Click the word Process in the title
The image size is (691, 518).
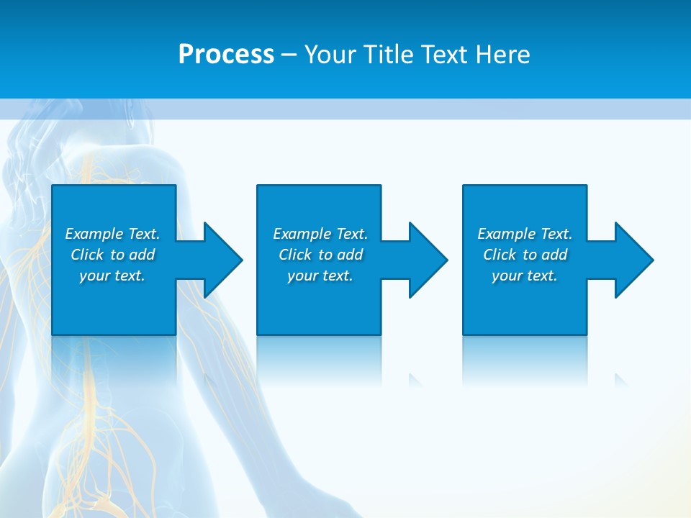(x=226, y=55)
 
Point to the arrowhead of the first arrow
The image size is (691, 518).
(x=223, y=260)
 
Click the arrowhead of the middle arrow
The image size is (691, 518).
(x=428, y=260)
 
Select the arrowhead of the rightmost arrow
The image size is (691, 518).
(x=634, y=260)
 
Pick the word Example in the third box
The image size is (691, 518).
(x=507, y=234)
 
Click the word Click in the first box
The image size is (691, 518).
(x=86, y=255)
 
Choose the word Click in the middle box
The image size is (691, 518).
(x=294, y=255)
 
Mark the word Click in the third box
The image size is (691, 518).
(x=499, y=255)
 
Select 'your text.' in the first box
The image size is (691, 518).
(x=112, y=276)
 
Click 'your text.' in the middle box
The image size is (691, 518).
(x=320, y=276)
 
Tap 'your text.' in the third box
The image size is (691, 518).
(x=525, y=276)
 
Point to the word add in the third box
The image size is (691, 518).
(x=554, y=255)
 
